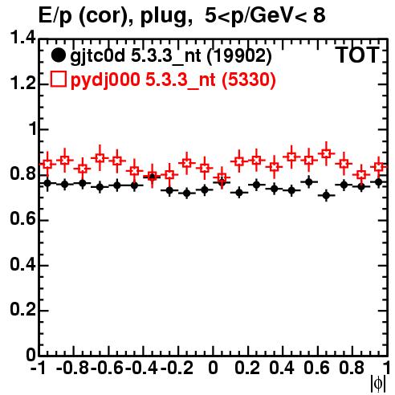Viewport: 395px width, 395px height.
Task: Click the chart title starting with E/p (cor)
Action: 182,16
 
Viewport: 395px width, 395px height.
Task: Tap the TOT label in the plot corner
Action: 358,55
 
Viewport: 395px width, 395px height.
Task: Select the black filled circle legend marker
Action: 58,55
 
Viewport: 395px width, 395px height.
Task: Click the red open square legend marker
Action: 59,79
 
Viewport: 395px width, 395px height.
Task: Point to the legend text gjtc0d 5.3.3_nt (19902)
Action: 171,56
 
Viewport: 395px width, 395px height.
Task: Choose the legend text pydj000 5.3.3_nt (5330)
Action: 173,79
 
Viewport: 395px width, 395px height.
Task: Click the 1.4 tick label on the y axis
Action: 22,38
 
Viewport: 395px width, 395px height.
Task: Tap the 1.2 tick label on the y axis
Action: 22,83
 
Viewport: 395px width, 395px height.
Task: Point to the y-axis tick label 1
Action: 33,129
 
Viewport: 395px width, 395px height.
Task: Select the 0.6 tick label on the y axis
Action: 22,219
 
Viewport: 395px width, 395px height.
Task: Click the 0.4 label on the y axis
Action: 22,264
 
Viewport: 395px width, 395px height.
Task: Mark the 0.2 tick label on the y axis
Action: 22,309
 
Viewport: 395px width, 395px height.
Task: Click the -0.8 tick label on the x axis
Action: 73,368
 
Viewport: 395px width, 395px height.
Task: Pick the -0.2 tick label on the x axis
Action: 177,368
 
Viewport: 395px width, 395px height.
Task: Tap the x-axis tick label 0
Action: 213,368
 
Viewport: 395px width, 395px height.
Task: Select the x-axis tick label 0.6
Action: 317,368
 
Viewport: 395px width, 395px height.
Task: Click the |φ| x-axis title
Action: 378,385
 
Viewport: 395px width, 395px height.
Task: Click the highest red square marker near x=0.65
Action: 326,153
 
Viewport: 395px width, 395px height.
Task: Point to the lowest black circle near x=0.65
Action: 326,196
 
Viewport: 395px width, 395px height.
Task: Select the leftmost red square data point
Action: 47,164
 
